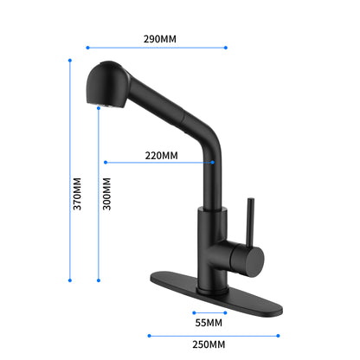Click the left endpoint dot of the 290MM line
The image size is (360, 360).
click(x=88, y=48)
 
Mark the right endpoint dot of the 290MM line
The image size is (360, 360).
click(x=226, y=48)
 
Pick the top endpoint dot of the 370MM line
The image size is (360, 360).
click(x=69, y=60)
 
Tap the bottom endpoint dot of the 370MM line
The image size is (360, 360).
click(x=69, y=280)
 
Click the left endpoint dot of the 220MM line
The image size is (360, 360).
click(x=104, y=162)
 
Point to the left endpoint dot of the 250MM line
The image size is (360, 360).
click(x=149, y=336)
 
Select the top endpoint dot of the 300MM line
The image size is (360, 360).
click(x=99, y=110)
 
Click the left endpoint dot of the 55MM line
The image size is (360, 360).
click(x=194, y=312)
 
